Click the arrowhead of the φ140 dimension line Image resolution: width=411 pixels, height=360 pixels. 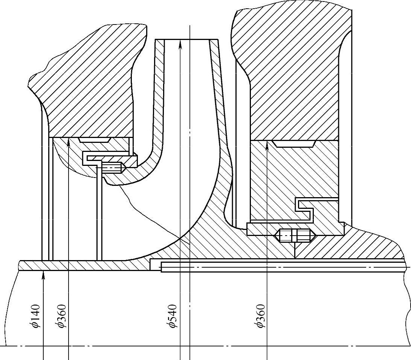(x=44, y=275)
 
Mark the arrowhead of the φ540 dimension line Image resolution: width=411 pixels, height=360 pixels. (x=180, y=44)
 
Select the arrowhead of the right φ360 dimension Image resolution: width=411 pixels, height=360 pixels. (x=267, y=146)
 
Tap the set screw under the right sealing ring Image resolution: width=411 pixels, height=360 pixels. (x=294, y=236)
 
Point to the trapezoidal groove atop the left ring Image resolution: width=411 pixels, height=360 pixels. (x=94, y=139)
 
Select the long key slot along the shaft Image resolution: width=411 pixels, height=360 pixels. (x=283, y=267)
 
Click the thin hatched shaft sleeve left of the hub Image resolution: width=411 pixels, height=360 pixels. (x=83, y=265)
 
